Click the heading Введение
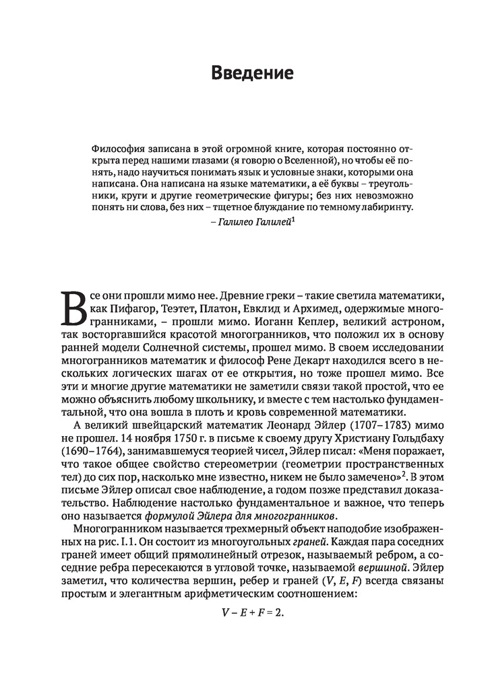pyautogui.click(x=245, y=73)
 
